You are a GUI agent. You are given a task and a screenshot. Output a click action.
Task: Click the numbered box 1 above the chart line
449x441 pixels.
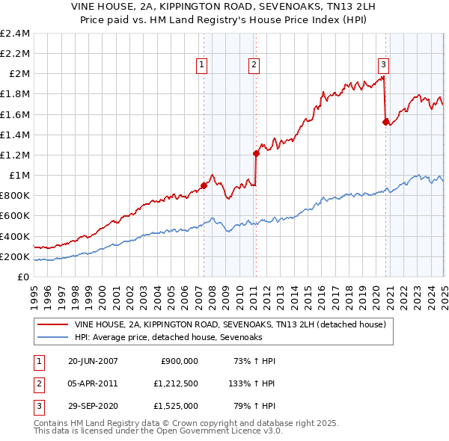(203, 65)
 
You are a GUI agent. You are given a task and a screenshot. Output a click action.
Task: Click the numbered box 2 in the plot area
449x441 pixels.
(254, 65)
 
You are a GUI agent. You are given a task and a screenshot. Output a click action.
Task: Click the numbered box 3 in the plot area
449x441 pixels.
(382, 65)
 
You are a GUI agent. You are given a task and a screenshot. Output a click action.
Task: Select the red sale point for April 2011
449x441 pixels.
(256, 153)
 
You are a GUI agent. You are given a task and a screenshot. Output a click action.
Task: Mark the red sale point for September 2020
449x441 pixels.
(386, 122)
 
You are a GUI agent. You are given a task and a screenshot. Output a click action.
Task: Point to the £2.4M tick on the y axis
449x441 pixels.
(15, 34)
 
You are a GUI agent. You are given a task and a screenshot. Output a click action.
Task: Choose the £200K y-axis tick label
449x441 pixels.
(15, 256)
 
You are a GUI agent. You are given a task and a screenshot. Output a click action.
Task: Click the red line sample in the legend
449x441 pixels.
(52, 325)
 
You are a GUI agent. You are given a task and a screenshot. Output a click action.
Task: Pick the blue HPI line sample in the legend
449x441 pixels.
(52, 338)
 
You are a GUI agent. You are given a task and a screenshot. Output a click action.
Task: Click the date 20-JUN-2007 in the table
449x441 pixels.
(93, 361)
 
